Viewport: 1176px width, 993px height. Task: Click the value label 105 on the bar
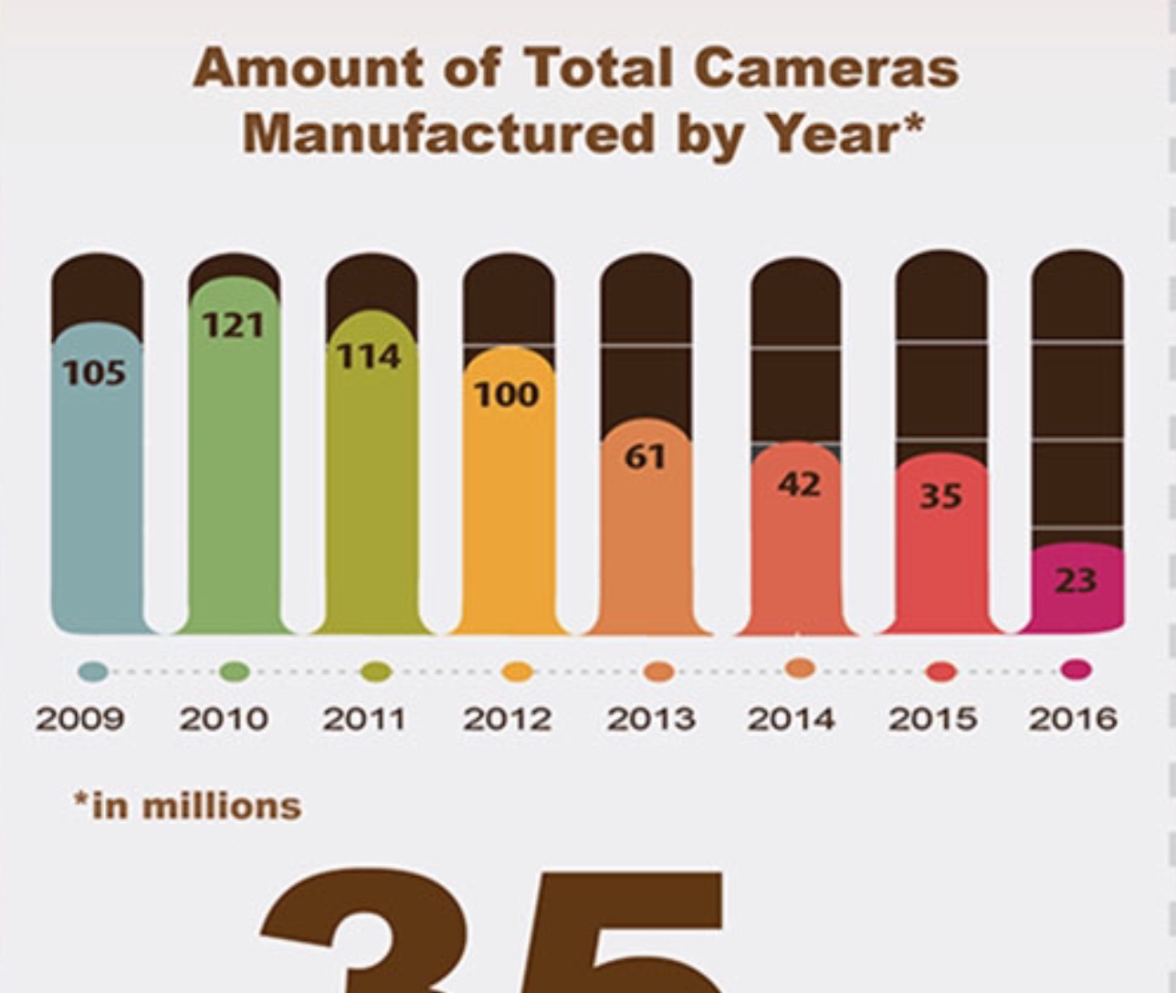tap(95, 373)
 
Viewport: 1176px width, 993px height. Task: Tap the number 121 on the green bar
tap(233, 325)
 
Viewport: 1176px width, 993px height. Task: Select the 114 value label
tap(369, 356)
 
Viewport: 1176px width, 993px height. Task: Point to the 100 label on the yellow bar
tap(507, 395)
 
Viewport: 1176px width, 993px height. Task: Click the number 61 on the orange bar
tap(646, 456)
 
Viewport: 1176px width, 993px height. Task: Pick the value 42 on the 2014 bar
tap(799, 484)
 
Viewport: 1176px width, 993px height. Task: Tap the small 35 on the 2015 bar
tap(940, 496)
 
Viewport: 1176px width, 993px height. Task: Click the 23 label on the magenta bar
tap(1076, 580)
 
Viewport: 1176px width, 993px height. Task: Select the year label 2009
tap(79, 719)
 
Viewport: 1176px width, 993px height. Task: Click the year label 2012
tap(507, 719)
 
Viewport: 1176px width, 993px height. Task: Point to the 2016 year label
tap(1073, 719)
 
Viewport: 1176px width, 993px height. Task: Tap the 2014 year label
tap(791, 719)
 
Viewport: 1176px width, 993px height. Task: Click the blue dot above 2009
tap(93, 672)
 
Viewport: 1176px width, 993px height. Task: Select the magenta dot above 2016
tap(1076, 671)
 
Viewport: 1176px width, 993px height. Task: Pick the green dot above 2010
tap(236, 671)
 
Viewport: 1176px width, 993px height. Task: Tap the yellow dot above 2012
tap(518, 672)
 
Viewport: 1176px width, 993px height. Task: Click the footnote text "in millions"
tap(196, 807)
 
